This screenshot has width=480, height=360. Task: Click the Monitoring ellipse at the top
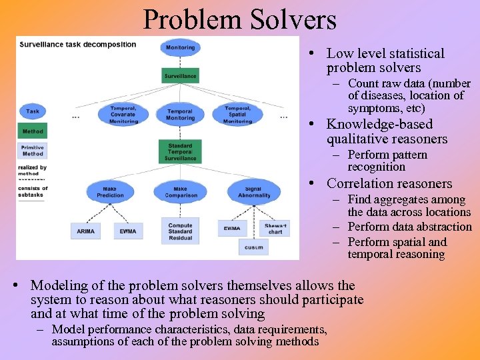180,47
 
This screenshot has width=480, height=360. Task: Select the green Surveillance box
180,76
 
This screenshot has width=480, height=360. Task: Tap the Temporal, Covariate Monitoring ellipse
123,115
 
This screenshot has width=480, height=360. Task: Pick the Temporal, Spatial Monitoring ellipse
237,115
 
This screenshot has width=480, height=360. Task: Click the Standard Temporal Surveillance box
180,152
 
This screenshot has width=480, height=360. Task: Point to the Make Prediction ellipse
110,191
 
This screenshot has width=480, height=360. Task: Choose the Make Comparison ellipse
180,191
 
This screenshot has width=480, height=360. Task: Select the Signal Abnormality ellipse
253,191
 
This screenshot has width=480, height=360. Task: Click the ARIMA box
86,231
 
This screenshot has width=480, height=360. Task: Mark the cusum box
253,247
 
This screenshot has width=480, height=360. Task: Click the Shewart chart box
275,228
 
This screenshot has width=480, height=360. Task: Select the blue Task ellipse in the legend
33,111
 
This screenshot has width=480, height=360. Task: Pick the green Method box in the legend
33,131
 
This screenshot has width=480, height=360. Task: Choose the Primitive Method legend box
33,151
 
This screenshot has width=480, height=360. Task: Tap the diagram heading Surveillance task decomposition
78,45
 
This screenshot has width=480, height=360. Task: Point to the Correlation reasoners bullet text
389,183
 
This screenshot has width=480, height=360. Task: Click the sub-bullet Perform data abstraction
409,227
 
